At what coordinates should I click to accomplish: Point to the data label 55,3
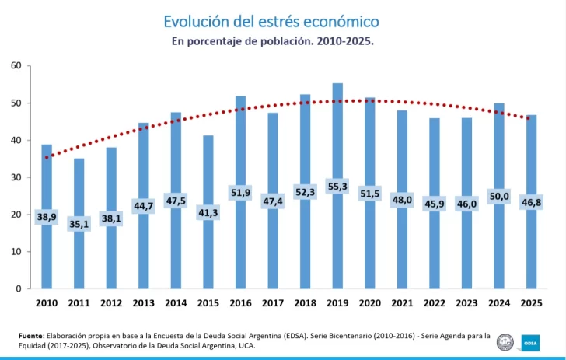337,187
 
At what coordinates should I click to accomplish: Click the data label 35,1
79,224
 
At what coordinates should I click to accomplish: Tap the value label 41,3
208,212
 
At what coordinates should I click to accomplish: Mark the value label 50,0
499,196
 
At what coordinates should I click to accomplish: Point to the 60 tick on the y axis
16,65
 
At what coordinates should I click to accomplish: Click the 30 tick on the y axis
16,177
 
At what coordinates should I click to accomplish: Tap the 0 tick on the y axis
18,289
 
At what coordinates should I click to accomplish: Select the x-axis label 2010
47,302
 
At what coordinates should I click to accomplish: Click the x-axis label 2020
370,302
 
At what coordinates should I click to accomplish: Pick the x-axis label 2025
531,302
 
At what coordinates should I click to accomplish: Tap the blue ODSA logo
530,341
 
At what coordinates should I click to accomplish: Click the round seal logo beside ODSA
506,341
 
